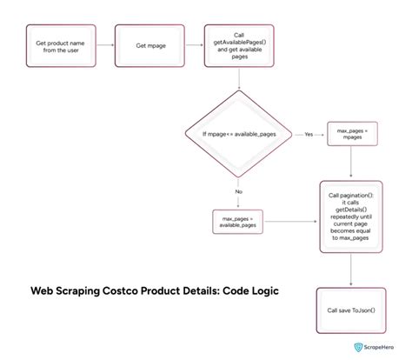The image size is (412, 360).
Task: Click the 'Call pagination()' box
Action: [350, 216]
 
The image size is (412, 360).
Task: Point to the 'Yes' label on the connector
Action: [309, 135]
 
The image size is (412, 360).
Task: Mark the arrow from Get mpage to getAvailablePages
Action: [192, 45]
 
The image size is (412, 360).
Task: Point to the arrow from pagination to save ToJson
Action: [350, 269]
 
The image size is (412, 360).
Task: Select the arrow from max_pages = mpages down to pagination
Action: [350, 163]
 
